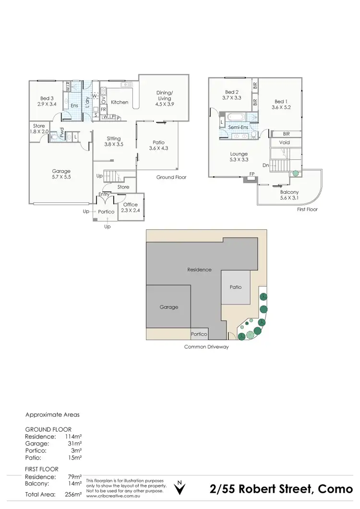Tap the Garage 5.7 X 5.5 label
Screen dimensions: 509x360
(61, 174)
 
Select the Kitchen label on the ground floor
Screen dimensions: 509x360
(120, 102)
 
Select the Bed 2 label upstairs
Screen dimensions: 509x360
(231, 95)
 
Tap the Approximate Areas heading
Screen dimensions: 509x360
(52, 414)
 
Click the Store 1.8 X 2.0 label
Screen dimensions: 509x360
(39, 129)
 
